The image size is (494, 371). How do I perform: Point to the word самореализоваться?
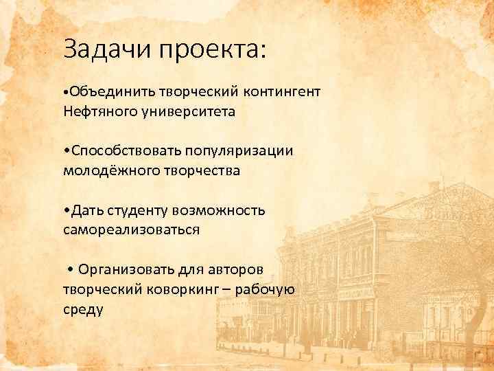132,229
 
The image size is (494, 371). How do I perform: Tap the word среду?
82,309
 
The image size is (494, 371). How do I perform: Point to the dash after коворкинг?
225,289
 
